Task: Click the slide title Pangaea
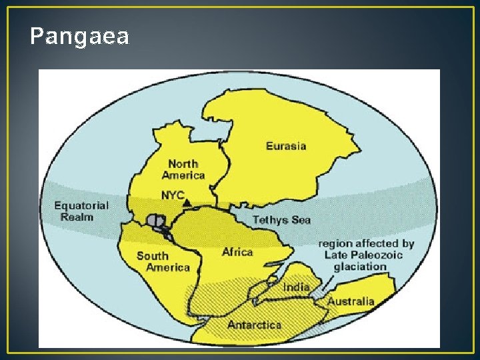pyautogui.click(x=79, y=37)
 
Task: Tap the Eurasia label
pyautogui.click(x=286, y=146)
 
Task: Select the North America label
pyautogui.click(x=183, y=169)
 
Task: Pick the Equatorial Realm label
pyautogui.click(x=81, y=211)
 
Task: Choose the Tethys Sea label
pyautogui.click(x=281, y=219)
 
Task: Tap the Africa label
pyautogui.click(x=237, y=252)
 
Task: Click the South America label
pyautogui.click(x=163, y=261)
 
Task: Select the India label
pyautogui.click(x=296, y=287)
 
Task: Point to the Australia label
pyautogui.click(x=351, y=301)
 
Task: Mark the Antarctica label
pyautogui.click(x=254, y=325)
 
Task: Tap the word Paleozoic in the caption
pyautogui.click(x=383, y=255)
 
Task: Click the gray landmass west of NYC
pyautogui.click(x=157, y=220)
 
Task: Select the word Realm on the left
pyautogui.click(x=77, y=217)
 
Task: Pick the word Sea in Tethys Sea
pyautogui.click(x=300, y=219)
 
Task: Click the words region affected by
pyautogui.click(x=366, y=244)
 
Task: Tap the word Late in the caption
pyautogui.click(x=337, y=255)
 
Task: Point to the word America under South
pyautogui.click(x=168, y=267)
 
